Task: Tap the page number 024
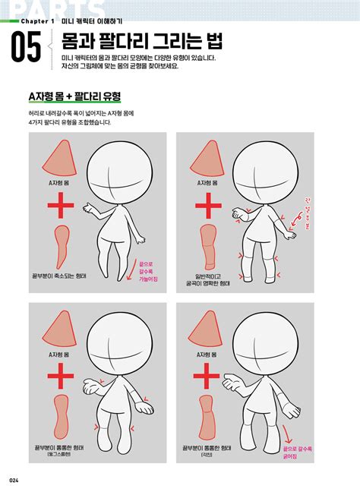[x=14, y=478]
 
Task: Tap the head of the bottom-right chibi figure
[x=263, y=339]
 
